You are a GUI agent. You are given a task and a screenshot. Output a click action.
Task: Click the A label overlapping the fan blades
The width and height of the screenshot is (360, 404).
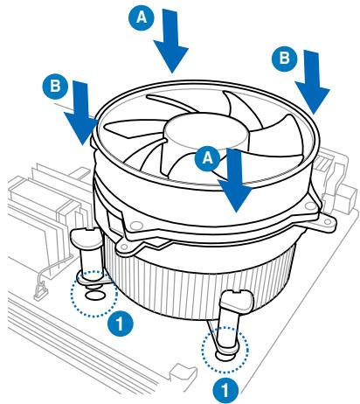pyautogui.click(x=207, y=157)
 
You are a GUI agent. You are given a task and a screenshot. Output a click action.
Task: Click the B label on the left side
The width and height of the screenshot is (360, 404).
pyautogui.click(x=54, y=87)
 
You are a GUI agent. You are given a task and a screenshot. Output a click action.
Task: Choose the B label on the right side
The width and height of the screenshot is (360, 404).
pyautogui.click(x=283, y=59)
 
